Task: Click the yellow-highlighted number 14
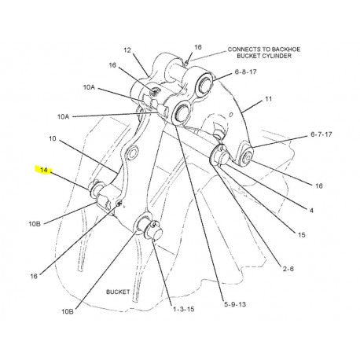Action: (44, 170)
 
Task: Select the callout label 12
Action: (127, 50)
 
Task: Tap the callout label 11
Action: (269, 99)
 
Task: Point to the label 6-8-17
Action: (245, 72)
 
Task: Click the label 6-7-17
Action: (321, 134)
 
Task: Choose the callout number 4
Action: (311, 211)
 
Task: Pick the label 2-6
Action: (288, 269)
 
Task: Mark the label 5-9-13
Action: (235, 304)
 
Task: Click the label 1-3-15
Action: (184, 309)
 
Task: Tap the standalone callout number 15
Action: (302, 235)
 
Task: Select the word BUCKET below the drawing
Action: (118, 292)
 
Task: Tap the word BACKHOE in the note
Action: (286, 50)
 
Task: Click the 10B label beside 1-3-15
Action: (68, 311)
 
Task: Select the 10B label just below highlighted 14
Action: (35, 224)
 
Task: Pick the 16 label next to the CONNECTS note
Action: (198, 47)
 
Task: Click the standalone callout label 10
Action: (53, 138)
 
